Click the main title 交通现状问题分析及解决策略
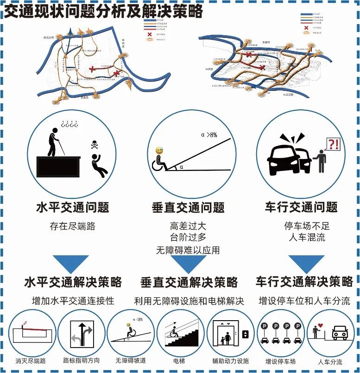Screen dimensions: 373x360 click(x=103, y=11)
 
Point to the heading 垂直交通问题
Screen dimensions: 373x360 click(x=188, y=207)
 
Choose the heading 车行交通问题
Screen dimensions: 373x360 click(x=301, y=207)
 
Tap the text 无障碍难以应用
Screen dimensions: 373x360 click(x=188, y=250)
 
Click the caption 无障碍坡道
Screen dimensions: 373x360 click(x=131, y=360)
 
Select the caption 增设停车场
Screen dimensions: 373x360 click(x=280, y=361)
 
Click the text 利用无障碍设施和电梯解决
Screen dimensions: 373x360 click(x=189, y=301)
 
